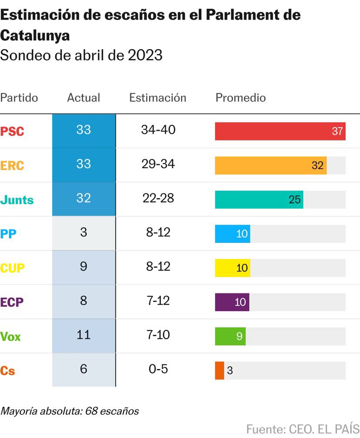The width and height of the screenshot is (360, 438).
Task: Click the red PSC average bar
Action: point(280,131)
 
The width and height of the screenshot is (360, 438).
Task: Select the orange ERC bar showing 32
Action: point(270,166)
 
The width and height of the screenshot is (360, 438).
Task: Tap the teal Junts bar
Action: point(259,199)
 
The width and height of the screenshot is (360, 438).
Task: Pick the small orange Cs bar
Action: point(220,371)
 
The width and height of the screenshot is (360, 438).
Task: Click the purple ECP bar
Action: point(232,302)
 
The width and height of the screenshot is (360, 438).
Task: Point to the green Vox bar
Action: point(230,336)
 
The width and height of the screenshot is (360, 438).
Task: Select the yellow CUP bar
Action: point(232,268)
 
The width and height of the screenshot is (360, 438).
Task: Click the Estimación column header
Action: point(157,98)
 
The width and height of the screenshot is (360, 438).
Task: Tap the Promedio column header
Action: point(240,98)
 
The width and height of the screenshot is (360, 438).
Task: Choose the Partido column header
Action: point(19,98)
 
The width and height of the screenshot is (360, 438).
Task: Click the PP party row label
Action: point(9,234)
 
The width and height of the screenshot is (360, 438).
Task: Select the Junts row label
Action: point(17,200)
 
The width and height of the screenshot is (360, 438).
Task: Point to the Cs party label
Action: point(8,371)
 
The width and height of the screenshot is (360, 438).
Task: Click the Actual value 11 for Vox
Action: point(83,335)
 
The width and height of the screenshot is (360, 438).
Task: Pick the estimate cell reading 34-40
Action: point(158,130)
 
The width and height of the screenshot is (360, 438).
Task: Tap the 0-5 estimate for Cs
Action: point(158,369)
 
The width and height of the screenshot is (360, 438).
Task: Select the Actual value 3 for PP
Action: point(83,232)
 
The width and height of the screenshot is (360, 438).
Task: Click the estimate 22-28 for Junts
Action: point(158,198)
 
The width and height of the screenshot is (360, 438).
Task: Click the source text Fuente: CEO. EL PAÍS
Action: point(303,428)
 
